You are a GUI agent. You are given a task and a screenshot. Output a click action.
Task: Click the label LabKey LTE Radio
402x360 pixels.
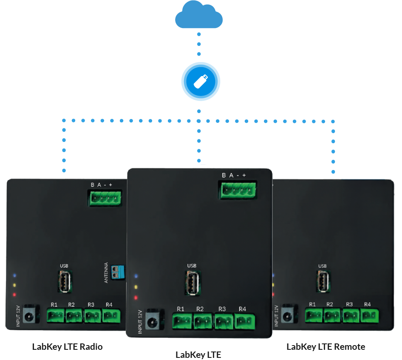68,347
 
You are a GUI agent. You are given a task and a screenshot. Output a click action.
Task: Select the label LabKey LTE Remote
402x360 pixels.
326,347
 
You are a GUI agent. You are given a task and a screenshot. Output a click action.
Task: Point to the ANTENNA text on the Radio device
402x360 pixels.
106,272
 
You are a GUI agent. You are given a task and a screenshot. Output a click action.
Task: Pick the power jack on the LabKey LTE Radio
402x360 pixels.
28,315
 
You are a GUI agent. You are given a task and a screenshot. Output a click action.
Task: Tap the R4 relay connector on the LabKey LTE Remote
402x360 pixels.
370,315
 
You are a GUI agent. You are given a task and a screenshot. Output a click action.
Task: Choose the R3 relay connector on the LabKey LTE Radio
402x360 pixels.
92,315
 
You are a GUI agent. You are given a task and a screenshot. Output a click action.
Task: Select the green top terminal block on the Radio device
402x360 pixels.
105,198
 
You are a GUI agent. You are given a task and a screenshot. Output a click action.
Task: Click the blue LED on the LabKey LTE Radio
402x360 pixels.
15,275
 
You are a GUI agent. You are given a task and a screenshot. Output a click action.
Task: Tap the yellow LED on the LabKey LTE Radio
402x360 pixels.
15,285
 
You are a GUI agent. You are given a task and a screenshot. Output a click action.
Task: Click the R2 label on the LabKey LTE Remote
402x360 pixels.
330,304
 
